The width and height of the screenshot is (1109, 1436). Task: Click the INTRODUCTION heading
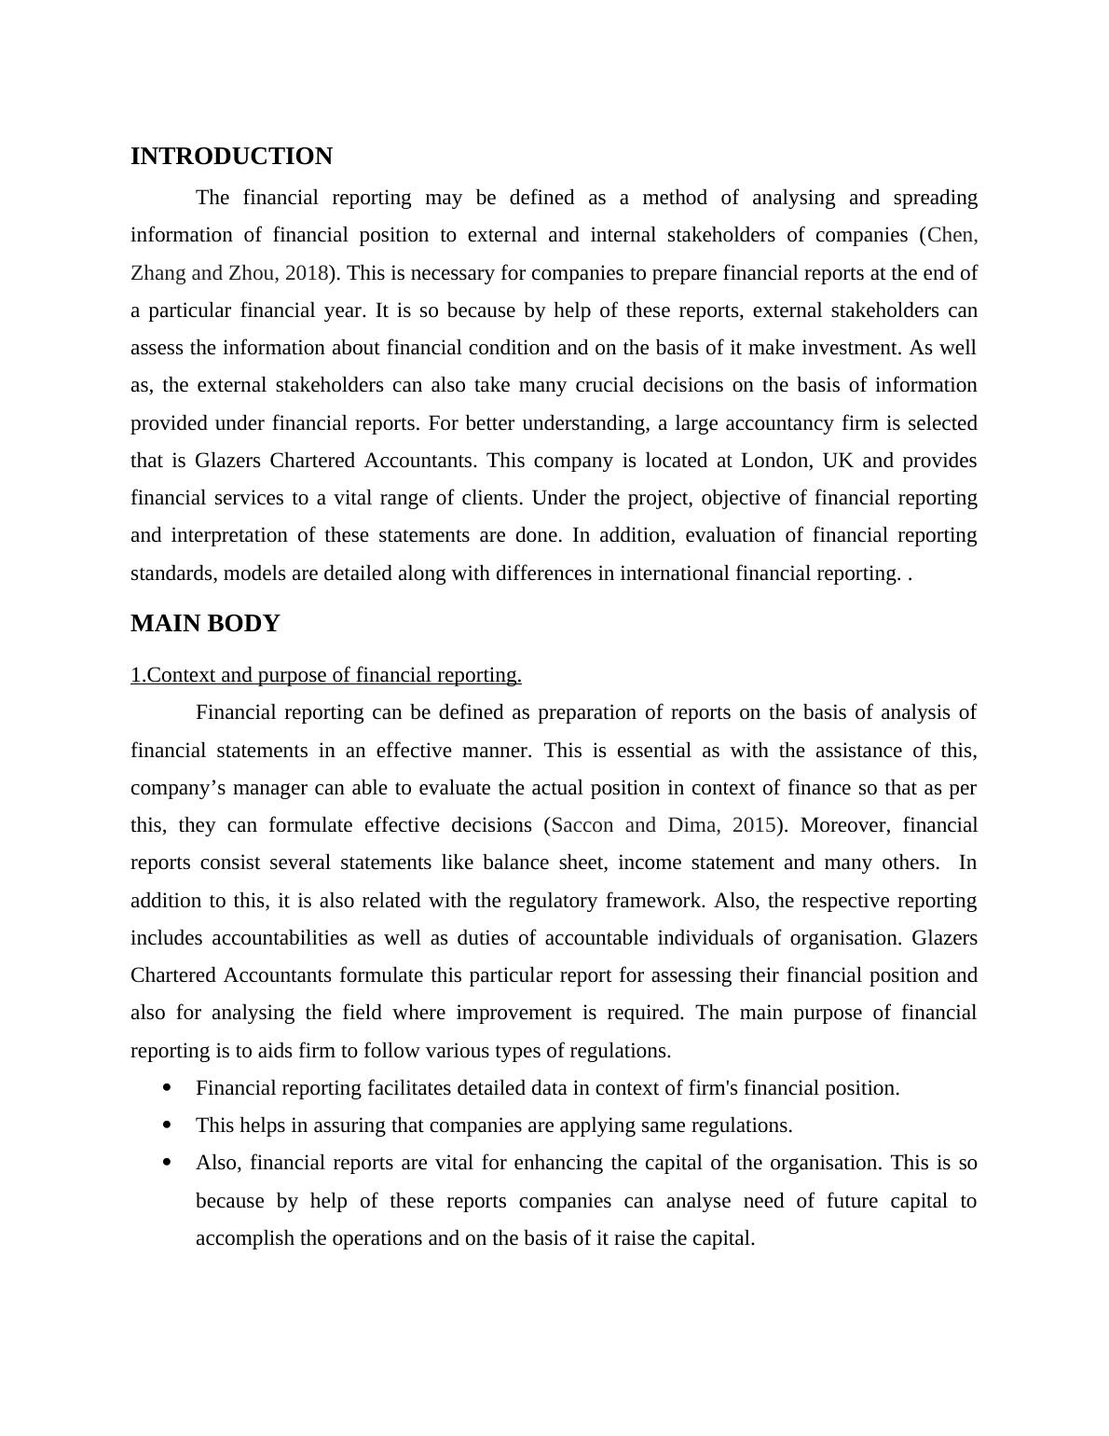tap(231, 157)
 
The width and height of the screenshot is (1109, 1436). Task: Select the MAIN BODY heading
tap(205, 624)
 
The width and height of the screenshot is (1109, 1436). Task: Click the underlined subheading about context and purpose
tap(325, 675)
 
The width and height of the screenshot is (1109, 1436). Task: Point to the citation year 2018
tap(307, 273)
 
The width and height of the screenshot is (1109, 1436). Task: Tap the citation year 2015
tap(755, 825)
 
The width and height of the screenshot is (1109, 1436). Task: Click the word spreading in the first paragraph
tap(935, 198)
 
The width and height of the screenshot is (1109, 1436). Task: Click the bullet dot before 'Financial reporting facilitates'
tap(168, 1087)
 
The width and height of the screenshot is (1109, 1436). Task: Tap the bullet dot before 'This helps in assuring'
tap(168, 1125)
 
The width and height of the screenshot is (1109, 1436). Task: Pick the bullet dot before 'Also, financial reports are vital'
tap(168, 1162)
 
